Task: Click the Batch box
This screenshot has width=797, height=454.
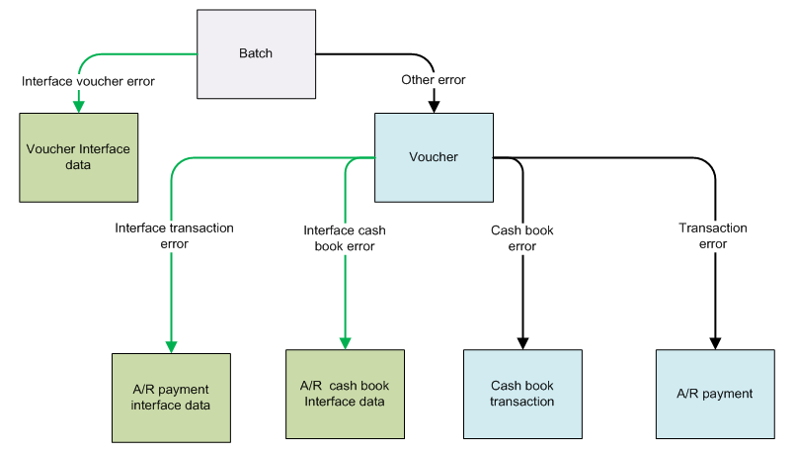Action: (256, 52)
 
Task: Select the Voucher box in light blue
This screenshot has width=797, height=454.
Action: (433, 156)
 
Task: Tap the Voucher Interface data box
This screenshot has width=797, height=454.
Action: (77, 157)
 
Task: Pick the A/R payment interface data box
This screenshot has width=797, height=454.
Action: (171, 396)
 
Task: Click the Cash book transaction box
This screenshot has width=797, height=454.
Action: (521, 394)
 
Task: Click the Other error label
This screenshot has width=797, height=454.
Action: (433, 79)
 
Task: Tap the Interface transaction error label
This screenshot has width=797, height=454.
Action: (174, 235)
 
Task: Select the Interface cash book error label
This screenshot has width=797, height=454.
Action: (345, 238)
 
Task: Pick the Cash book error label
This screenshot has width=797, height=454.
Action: (521, 238)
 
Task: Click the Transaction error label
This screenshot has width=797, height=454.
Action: (713, 235)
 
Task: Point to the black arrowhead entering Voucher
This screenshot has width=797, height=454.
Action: (433, 106)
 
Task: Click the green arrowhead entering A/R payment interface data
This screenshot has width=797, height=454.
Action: (171, 346)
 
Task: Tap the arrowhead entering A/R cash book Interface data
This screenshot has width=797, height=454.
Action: (345, 343)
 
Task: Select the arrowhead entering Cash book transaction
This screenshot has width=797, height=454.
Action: (521, 343)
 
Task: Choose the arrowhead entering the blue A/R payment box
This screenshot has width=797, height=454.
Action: (713, 343)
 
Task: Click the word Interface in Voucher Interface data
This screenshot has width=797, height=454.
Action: (104, 149)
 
